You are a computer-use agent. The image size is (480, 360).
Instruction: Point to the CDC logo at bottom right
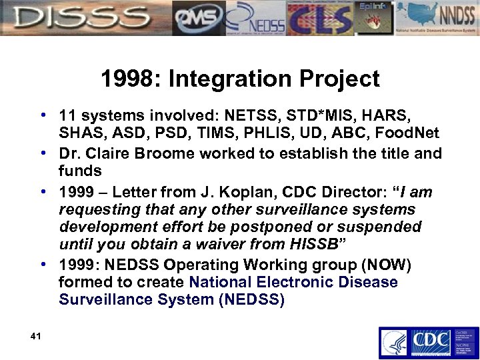427,341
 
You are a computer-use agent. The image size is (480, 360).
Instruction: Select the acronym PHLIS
268,135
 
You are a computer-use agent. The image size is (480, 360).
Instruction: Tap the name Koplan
253,192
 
